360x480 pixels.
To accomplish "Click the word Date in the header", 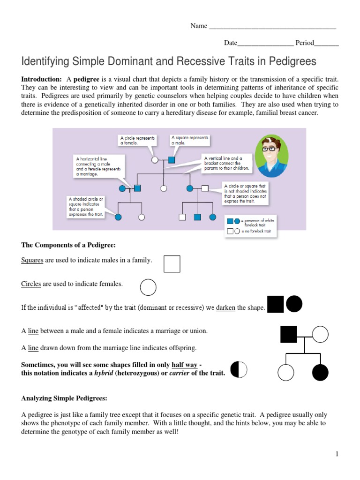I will (231, 43).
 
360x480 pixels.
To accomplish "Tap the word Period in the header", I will (304, 43).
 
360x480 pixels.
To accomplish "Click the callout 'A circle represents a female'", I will (137, 141).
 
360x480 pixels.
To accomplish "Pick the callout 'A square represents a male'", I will (190, 140).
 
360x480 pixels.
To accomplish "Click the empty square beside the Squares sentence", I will (172, 264).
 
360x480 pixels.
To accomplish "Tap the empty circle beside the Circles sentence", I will (148, 287).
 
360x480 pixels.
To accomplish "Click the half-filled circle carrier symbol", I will (239, 369).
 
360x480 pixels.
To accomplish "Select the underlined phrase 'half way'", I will (184, 365).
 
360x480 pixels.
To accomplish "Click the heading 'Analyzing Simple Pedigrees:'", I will (64, 398).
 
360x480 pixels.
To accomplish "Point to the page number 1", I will (337, 454).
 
